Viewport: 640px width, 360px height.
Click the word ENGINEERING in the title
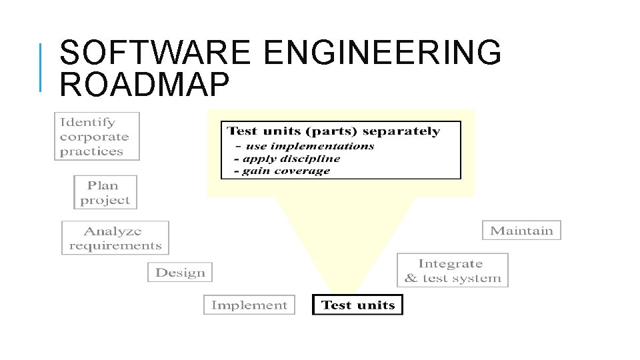pos(382,53)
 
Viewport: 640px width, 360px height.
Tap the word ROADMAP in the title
pos(144,85)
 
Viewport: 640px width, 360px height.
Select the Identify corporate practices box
pos(97,136)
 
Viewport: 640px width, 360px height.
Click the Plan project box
pos(105,192)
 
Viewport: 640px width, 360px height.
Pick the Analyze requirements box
pos(115,238)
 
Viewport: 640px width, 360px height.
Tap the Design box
pos(180,272)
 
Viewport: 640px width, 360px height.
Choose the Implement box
pos(249,305)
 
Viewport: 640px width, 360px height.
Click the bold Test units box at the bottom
pos(357,305)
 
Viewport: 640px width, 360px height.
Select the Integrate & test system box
pos(452,271)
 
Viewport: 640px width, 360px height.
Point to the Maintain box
pos(521,230)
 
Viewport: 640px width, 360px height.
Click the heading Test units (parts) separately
pos(333,131)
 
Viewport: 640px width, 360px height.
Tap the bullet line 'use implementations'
pos(307,146)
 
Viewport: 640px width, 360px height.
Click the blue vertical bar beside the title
pos(41,67)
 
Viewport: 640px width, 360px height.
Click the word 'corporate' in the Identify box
pos(94,137)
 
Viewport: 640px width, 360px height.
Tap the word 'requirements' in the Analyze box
pos(115,245)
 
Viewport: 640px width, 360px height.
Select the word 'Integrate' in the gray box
pos(451,263)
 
